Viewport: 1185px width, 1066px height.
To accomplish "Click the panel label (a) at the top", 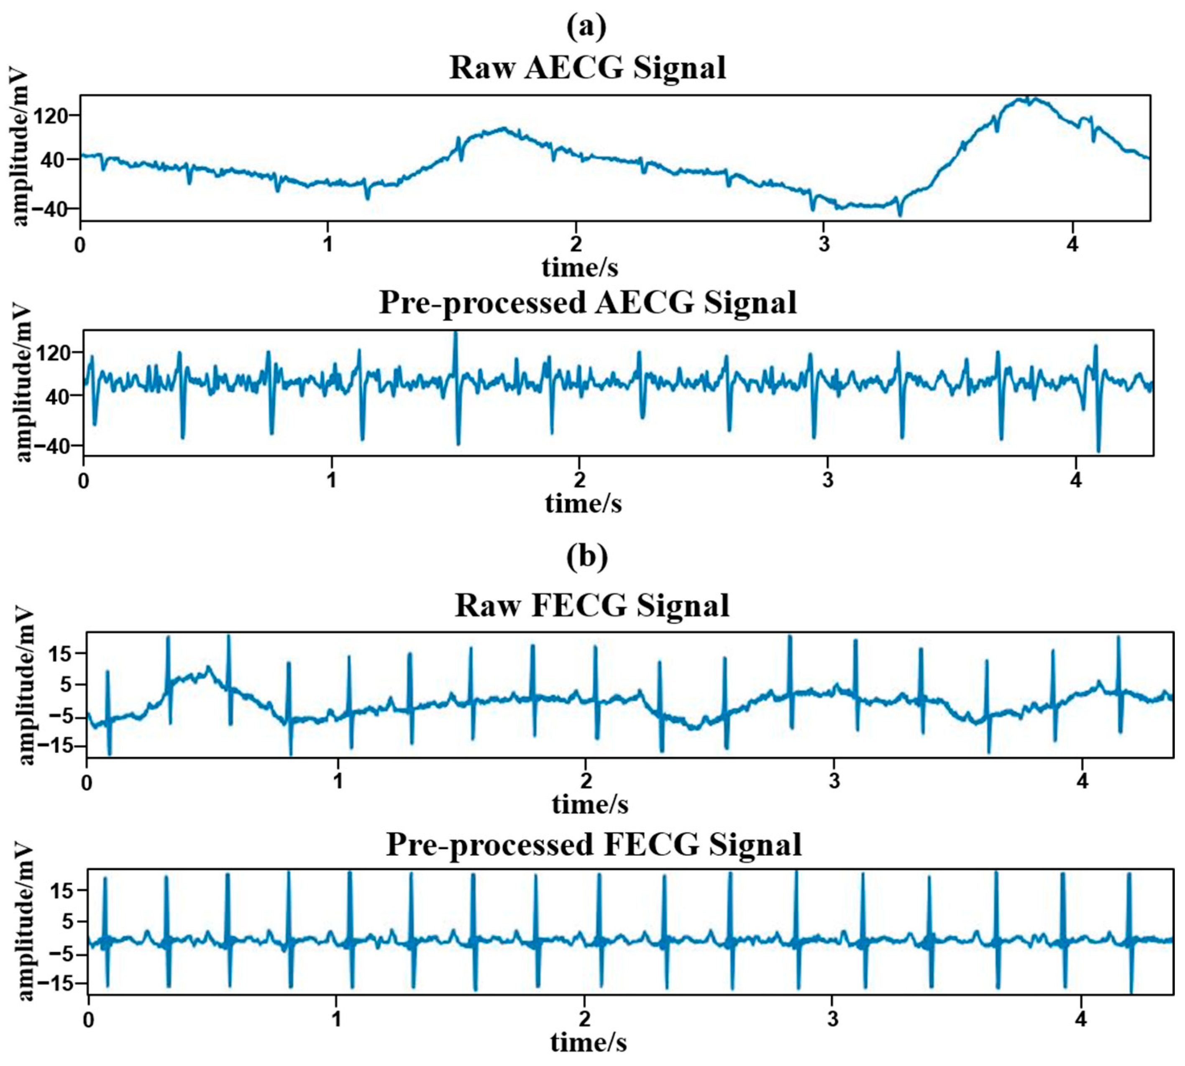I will coord(586,27).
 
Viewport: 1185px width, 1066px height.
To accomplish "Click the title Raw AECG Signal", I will coord(587,67).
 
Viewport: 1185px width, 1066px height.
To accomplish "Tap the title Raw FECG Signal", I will coord(592,605).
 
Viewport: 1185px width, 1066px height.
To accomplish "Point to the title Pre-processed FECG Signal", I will coord(594,844).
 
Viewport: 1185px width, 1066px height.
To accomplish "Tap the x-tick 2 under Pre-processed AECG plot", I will coord(579,481).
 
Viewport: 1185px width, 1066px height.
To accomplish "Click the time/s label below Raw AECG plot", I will coord(580,267).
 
